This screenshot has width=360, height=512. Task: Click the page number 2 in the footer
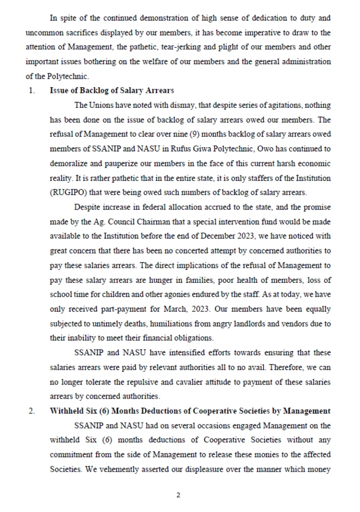click(x=178, y=495)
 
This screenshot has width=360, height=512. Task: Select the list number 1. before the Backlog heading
click(x=31, y=90)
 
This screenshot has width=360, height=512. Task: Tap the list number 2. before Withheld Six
click(x=31, y=411)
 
